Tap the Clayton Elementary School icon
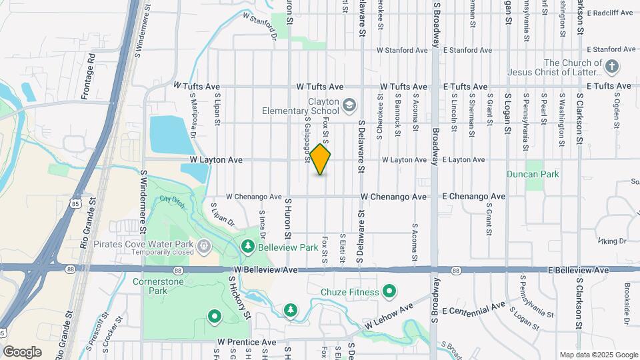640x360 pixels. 348,105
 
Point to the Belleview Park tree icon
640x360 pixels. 248,247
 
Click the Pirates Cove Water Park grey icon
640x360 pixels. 204,247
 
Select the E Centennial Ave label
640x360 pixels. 473,309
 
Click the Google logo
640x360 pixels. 22,352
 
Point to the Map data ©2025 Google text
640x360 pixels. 597,355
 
